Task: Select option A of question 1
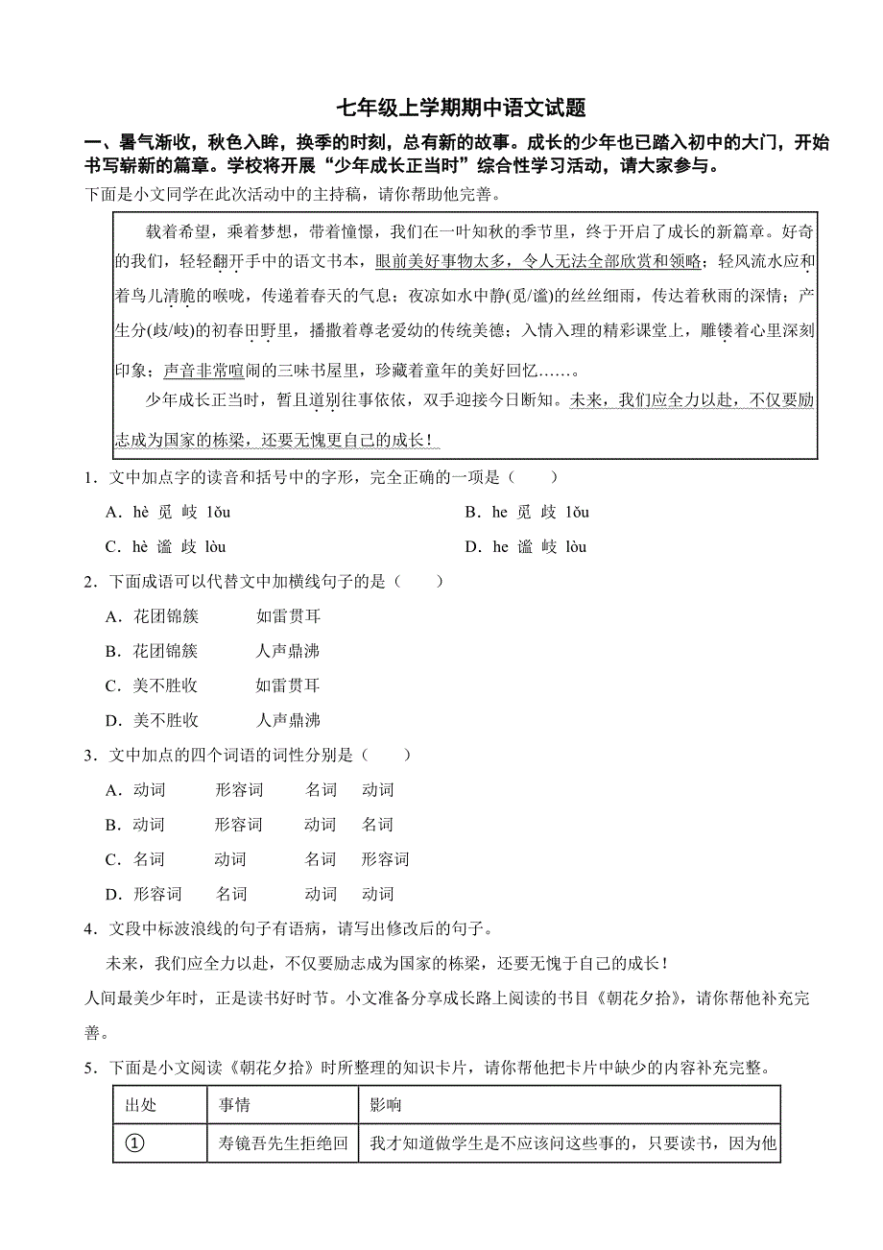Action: [168, 513]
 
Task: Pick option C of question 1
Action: [166, 547]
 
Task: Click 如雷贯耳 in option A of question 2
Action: [288, 616]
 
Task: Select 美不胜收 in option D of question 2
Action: [166, 720]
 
